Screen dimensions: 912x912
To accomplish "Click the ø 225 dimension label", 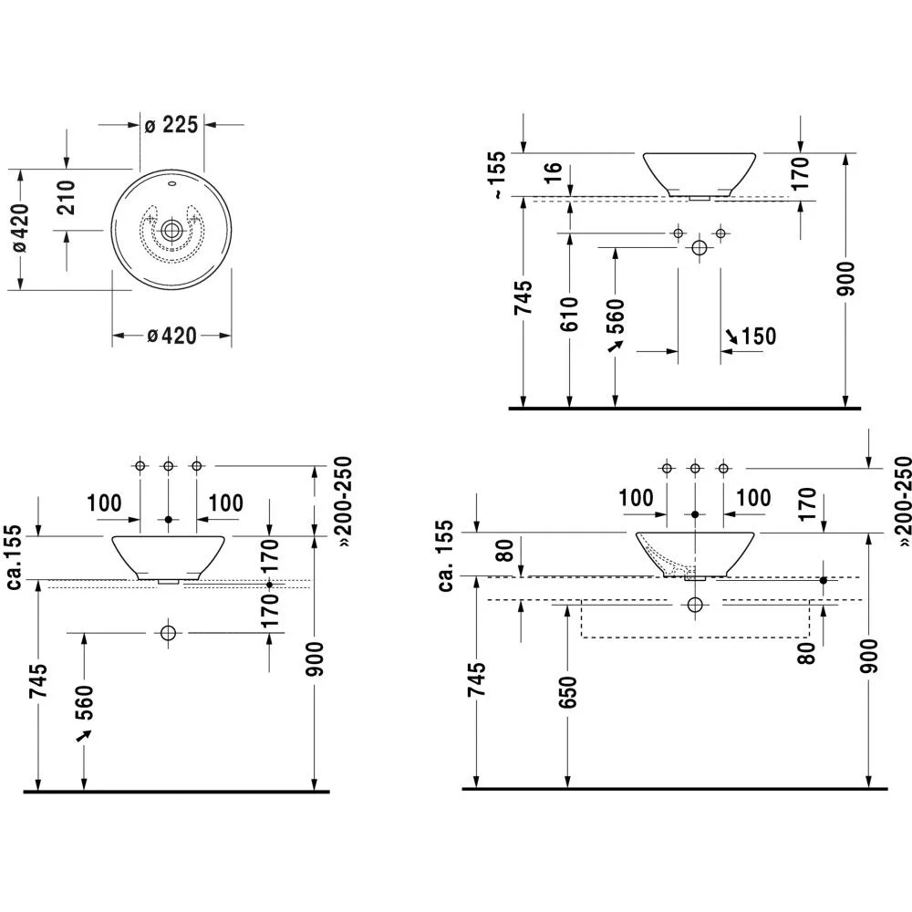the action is point(171,124).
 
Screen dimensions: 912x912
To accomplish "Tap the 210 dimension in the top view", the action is point(67,198).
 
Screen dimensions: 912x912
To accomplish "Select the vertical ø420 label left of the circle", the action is point(20,228).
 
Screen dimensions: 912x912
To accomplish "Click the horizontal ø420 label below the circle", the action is point(171,336).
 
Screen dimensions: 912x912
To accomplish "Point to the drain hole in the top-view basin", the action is point(171,231).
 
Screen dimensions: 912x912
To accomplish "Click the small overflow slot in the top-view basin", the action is point(171,186).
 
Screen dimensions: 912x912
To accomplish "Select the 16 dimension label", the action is point(553,172).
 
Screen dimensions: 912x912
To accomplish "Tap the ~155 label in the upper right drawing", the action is point(497,175).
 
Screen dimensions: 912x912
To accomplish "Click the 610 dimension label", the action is point(569,314).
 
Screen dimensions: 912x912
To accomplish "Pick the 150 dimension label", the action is point(759,337).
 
